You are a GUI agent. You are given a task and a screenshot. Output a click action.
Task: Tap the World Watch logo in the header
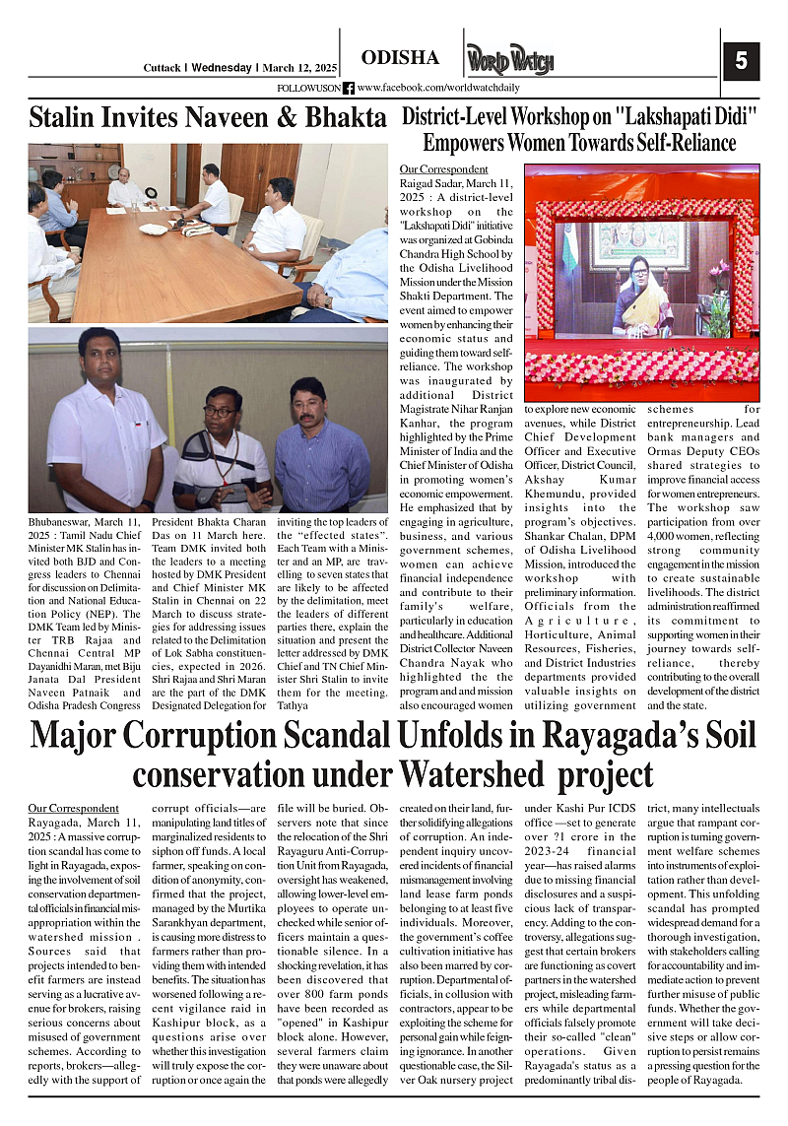point(509,60)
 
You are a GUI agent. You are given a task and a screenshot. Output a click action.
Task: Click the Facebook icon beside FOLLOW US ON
point(349,88)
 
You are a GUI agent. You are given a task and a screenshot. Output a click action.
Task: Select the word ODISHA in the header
point(400,57)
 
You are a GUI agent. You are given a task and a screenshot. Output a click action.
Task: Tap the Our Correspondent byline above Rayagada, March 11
point(74,808)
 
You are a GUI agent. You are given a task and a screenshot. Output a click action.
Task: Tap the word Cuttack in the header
point(162,68)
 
